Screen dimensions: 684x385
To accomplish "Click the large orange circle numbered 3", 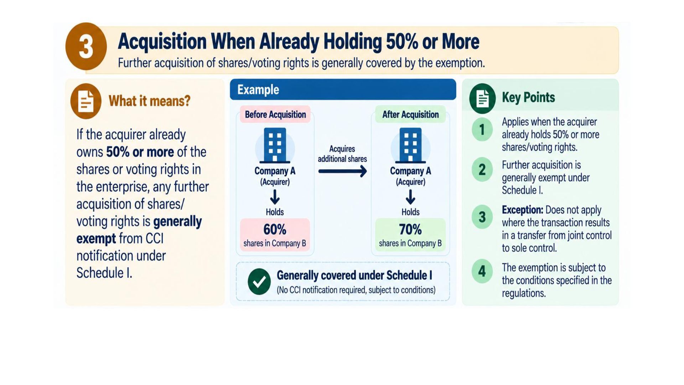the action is tap(86, 46).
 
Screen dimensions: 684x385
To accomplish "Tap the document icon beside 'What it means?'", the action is tap(86, 101).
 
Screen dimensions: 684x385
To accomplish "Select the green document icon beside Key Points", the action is tap(482, 98).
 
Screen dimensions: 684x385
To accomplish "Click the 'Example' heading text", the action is tap(258, 89).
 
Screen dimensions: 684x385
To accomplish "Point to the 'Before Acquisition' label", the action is tap(275, 114).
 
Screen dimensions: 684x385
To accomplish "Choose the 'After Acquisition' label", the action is tap(410, 114).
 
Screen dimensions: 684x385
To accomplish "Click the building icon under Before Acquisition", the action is tap(275, 145).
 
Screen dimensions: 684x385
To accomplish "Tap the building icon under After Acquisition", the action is tap(410, 145).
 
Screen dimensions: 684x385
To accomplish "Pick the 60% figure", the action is tap(275, 229).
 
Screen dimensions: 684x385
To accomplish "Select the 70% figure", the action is tap(410, 229).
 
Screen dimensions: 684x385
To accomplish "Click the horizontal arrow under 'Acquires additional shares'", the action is tap(342, 171).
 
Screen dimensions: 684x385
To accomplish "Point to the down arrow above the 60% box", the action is tap(275, 197).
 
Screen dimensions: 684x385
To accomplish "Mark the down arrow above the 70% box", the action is tap(410, 197).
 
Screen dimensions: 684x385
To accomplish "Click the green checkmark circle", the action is tap(259, 282).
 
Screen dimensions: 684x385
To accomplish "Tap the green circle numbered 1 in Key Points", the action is tap(482, 129).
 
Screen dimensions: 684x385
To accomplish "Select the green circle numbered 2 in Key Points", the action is tap(482, 169).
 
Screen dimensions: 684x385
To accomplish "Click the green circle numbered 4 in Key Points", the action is tap(482, 271).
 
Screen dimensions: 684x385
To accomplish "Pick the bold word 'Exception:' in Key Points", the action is tap(522, 210).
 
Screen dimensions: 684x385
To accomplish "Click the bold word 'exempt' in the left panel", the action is tap(96, 238).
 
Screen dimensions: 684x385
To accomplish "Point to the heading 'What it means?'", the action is tap(149, 101).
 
